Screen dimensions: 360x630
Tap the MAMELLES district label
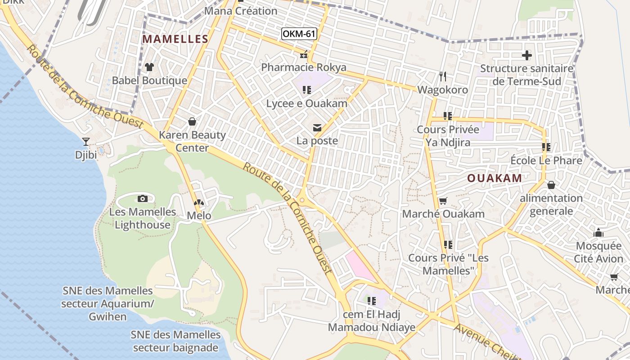tap(175, 39)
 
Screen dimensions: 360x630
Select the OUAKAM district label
tap(495, 178)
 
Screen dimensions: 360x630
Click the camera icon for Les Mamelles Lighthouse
tap(143, 198)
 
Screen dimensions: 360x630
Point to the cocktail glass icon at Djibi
tap(86, 141)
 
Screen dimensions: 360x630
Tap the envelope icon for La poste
tap(317, 128)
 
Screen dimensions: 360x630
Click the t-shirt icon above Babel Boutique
tap(149, 67)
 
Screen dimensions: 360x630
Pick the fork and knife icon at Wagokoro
tap(443, 76)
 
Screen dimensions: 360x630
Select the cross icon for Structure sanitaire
tap(526, 55)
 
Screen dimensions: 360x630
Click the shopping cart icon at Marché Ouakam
tap(443, 201)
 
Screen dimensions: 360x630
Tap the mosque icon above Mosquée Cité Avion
tap(598, 233)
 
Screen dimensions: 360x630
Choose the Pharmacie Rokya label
tap(304, 67)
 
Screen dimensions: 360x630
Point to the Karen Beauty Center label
tap(192, 141)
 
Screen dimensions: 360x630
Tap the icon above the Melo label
tap(199, 203)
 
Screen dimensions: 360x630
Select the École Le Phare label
tap(546, 161)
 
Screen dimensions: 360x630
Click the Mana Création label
tap(241, 11)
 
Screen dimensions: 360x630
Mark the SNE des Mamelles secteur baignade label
tap(176, 341)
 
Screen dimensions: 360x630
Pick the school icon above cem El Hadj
tap(371, 301)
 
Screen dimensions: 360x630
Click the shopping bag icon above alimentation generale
tap(551, 185)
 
